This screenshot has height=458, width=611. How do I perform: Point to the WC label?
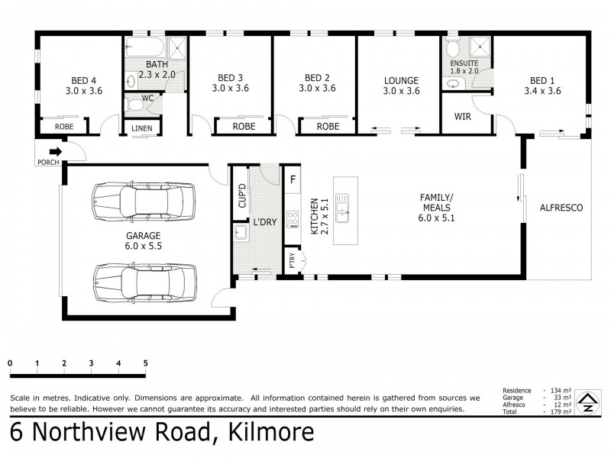coord(147,97)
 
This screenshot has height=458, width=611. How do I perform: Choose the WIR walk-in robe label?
coord(462,117)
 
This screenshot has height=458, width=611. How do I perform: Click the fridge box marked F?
coord(292,180)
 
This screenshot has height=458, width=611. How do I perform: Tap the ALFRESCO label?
coord(561,207)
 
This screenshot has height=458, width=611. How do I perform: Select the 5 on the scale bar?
coord(145,363)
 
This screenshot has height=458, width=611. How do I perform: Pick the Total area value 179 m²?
coord(556,412)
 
